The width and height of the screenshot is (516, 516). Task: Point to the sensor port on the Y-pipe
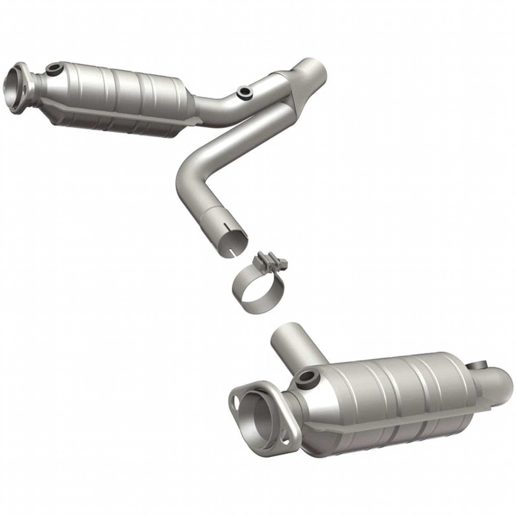[x=245, y=92]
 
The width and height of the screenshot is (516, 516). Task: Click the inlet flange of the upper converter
[x=18, y=83]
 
